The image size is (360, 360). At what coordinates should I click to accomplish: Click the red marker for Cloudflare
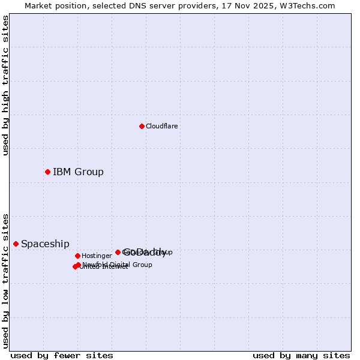pyautogui.click(x=142, y=126)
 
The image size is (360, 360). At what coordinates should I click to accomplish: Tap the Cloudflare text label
pyautogui.click(x=161, y=126)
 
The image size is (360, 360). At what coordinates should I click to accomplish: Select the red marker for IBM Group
pyautogui.click(x=47, y=172)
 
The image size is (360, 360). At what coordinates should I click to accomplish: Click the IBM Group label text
pyautogui.click(x=78, y=172)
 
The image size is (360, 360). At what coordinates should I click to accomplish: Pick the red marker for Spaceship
pyautogui.click(x=16, y=244)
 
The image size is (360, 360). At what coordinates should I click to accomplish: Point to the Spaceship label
pyautogui.click(x=45, y=244)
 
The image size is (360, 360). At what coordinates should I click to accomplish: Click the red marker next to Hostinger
pyautogui.click(x=77, y=256)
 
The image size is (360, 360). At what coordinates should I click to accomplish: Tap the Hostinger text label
pyautogui.click(x=97, y=256)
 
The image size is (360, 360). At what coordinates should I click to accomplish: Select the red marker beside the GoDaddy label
pyautogui.click(x=118, y=252)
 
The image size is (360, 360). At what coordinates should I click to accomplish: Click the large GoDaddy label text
pyautogui.click(x=145, y=252)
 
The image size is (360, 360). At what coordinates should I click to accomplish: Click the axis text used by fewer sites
pyautogui.click(x=61, y=356)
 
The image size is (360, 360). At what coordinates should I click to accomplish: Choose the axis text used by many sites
pyautogui.click(x=301, y=356)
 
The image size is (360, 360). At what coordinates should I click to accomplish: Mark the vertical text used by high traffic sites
pyautogui.click(x=5, y=86)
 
